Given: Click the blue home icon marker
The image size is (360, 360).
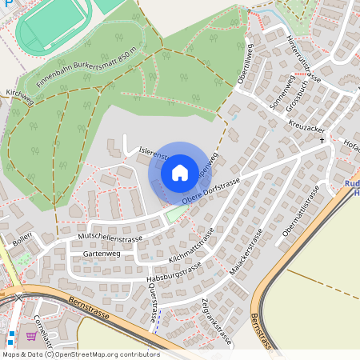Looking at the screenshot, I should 180,172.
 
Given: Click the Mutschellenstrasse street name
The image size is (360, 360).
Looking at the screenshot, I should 110,238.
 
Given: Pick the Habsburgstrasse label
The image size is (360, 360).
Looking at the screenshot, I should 174,272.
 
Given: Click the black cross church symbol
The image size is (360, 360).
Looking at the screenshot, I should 322,140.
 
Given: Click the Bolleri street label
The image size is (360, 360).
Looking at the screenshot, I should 21,240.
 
